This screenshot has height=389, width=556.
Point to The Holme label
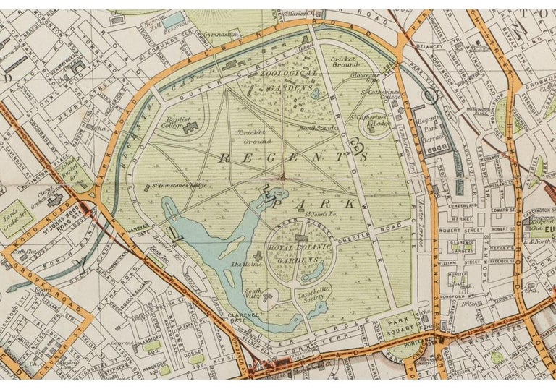245,265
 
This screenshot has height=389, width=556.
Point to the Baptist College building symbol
193,127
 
